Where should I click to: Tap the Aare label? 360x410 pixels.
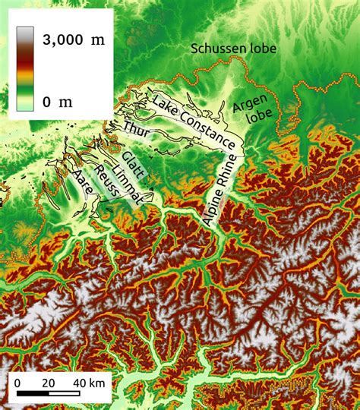point(83,184)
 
